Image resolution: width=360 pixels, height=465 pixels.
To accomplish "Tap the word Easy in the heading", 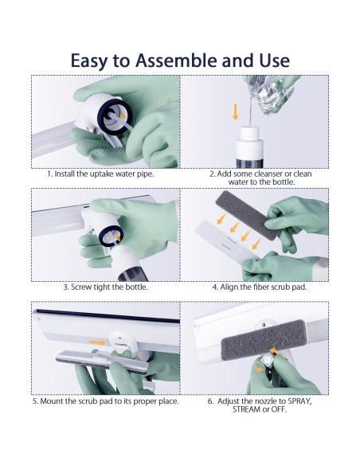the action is (x=89, y=61).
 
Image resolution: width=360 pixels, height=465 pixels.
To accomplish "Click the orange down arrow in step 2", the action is (x=236, y=111).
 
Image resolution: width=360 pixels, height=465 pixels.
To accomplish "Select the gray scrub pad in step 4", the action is (x=248, y=215).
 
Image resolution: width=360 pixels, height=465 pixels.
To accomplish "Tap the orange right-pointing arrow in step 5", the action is (x=97, y=342).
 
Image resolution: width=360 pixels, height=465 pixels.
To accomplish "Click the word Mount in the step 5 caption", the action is (x=51, y=401).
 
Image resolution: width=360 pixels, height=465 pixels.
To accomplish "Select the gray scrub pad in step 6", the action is (x=264, y=340).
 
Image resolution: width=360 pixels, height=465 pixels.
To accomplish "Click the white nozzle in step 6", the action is (x=268, y=361).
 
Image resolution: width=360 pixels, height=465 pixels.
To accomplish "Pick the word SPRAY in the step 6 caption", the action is (x=299, y=401).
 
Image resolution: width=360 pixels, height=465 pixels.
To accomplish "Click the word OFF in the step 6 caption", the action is (x=279, y=410).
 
